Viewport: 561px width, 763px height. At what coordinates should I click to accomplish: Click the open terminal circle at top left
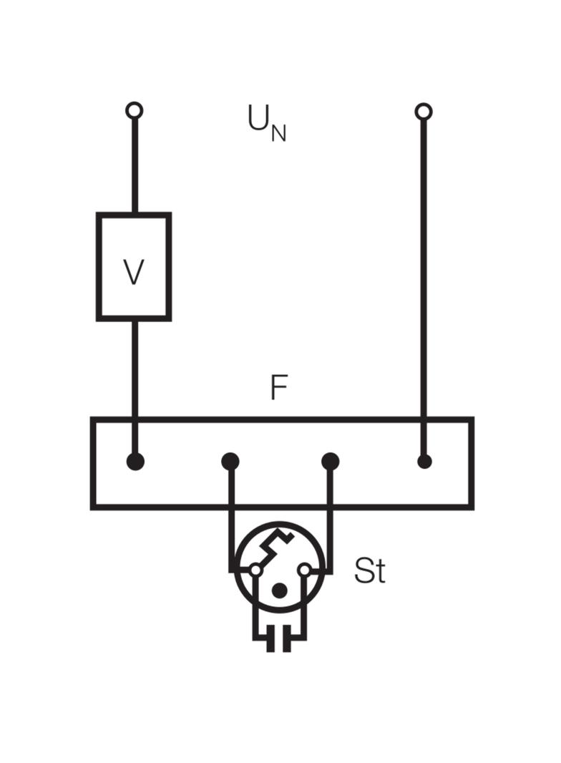tap(135, 110)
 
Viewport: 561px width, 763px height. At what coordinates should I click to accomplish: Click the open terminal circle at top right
tap(424, 112)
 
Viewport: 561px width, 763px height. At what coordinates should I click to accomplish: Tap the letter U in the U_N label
tap(258, 118)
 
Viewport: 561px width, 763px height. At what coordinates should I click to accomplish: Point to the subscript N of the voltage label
tap(278, 133)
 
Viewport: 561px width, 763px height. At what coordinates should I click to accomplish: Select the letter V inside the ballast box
tap(133, 272)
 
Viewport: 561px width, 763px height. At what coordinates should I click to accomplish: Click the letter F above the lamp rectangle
tap(279, 387)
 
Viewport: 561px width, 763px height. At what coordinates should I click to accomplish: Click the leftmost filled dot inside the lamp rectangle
tap(135, 461)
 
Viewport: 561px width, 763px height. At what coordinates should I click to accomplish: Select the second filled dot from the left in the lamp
tap(230, 461)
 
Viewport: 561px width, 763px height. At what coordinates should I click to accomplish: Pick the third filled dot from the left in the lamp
tap(331, 461)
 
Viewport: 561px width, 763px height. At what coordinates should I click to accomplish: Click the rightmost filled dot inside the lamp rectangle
tap(424, 461)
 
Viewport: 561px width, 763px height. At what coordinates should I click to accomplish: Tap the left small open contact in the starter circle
tap(255, 569)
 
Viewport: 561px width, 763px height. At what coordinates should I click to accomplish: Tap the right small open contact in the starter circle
tap(304, 569)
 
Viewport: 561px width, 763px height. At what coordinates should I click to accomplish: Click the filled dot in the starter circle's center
tap(279, 591)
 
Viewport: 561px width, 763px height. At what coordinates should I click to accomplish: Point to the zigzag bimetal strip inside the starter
tap(275, 546)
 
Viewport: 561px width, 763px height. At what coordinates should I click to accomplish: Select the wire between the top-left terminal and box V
tap(135, 166)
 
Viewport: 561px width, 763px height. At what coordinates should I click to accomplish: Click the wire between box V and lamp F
tap(135, 369)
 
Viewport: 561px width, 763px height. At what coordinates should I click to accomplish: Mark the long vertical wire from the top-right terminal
tap(424, 287)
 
